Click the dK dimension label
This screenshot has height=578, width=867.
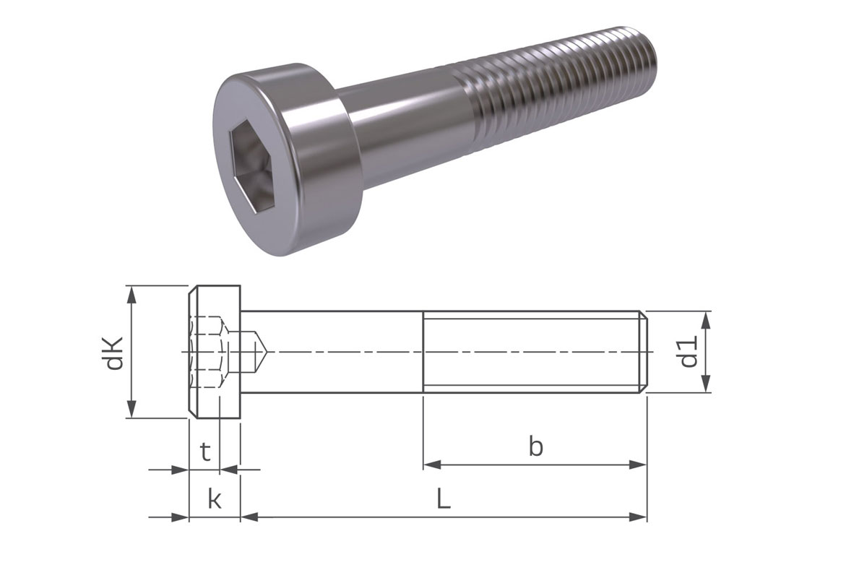click(114, 353)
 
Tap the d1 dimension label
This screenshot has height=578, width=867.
click(690, 352)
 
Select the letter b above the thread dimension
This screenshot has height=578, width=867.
click(535, 447)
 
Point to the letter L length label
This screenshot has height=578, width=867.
click(443, 499)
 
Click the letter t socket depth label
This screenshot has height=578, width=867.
click(205, 453)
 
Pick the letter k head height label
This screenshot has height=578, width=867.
click(214, 499)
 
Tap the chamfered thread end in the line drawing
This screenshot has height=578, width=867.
click(643, 352)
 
